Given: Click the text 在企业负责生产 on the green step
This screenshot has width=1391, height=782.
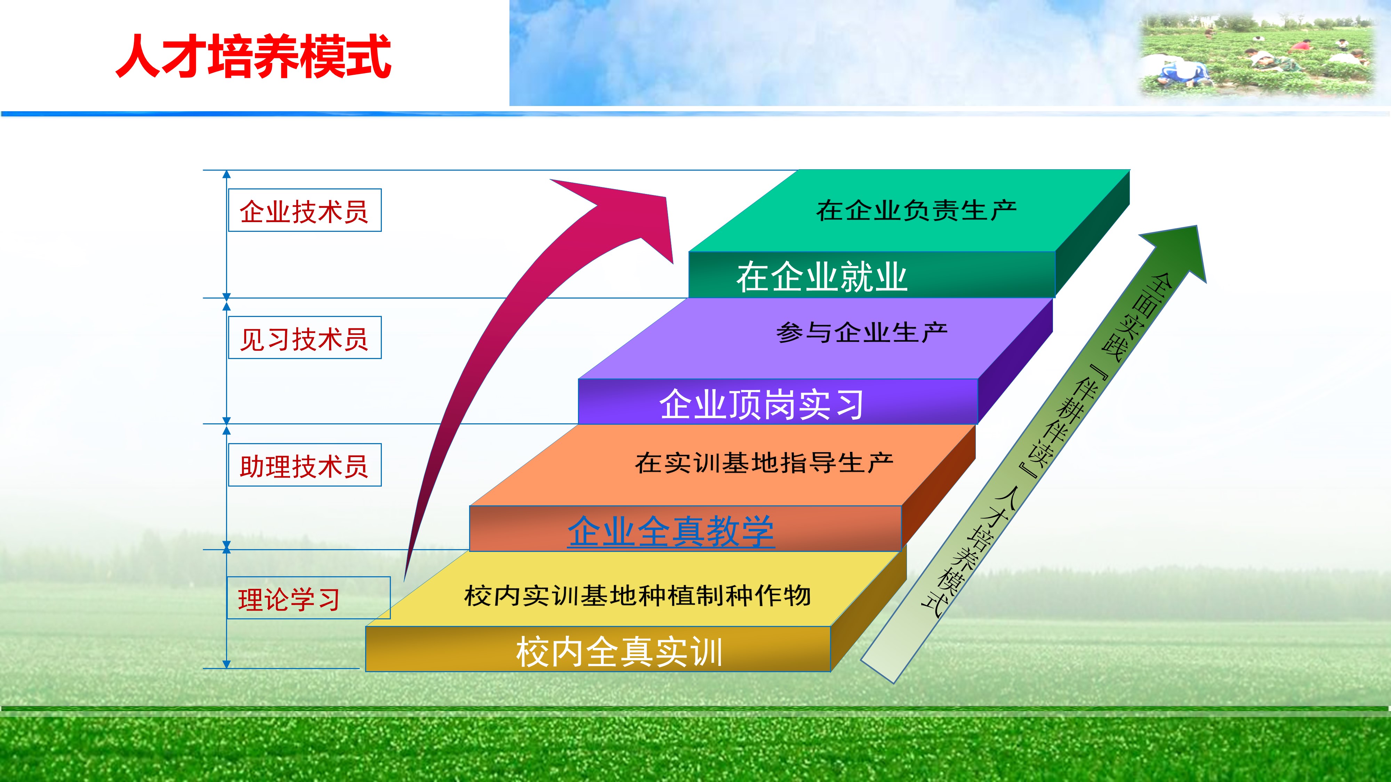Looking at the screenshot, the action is pos(916,210).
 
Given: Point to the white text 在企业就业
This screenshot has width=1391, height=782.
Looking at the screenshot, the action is pos(821,277).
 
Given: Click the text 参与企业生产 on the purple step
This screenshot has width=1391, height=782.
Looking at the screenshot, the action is pos(862,333).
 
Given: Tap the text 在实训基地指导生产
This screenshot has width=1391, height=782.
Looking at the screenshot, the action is pos(764,463).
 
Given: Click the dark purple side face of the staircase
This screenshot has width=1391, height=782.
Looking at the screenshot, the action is pos(1015,361).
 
